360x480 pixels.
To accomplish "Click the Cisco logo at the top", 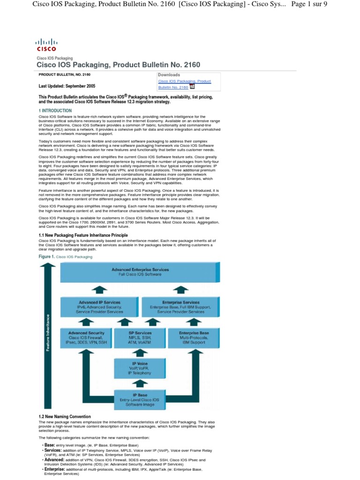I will pyautogui.click(x=46, y=45).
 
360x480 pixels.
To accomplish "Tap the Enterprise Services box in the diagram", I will pyautogui.click(x=180, y=307).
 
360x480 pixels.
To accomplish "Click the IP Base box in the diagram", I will pyautogui.click(x=140, y=400).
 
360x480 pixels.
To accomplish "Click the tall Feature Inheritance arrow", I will pyautogui.click(x=46, y=333).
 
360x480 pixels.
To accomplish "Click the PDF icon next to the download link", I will pyautogui.click(x=192, y=86).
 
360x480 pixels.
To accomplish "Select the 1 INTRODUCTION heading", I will pyautogui.click(x=55, y=111).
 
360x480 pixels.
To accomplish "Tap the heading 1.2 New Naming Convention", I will pyautogui.click(x=65, y=417).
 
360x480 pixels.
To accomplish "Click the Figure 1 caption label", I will pyautogui.click(x=46, y=257).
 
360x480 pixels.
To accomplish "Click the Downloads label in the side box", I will pyautogui.click(x=169, y=75).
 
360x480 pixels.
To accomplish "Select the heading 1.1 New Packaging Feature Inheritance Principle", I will pyautogui.click(x=83, y=235).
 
